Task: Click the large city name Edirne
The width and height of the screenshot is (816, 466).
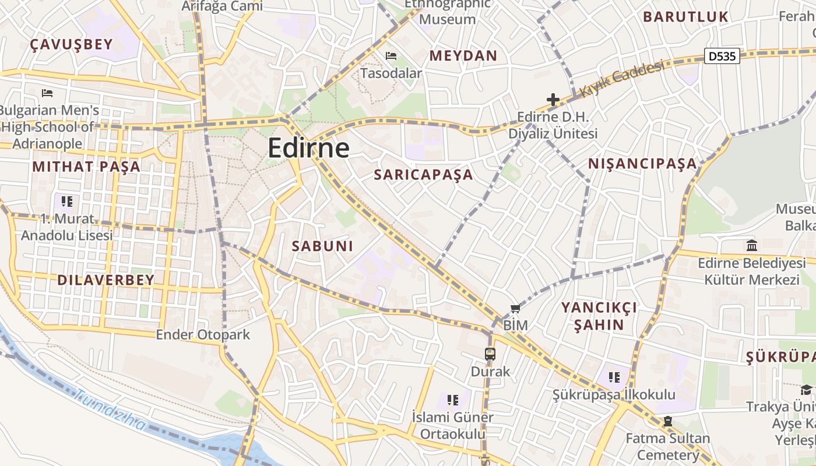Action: pos(308,148)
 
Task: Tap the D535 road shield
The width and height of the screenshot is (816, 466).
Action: pos(722,56)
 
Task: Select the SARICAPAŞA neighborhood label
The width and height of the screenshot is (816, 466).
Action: pos(423,175)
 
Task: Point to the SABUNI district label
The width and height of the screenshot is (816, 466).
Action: pos(322,246)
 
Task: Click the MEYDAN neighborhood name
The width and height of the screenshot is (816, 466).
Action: pos(463,56)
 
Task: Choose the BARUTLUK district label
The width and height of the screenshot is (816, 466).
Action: pos(685,17)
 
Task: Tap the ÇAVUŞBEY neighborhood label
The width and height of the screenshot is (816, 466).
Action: pos(71,45)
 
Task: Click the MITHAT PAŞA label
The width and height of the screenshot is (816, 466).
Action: pos(86,167)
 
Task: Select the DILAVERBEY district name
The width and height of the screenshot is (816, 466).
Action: pos(105,280)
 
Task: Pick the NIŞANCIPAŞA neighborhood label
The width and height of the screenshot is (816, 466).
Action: pos(642,164)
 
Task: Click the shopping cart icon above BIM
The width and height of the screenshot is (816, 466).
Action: pos(515,308)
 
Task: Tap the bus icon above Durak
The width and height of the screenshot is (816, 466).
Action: pos(490,354)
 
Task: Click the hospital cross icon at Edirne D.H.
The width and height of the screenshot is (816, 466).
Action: pos(553,100)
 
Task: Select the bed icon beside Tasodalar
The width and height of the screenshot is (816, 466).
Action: pos(391,56)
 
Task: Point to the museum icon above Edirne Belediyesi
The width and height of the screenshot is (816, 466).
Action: pos(752,245)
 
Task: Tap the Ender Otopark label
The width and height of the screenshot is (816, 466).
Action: pos(202,335)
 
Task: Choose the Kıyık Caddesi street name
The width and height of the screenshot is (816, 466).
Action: pos(622,79)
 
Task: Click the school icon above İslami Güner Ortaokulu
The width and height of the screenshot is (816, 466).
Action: pos(452,400)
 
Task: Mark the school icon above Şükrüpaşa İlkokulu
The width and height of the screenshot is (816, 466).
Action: pos(614,377)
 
